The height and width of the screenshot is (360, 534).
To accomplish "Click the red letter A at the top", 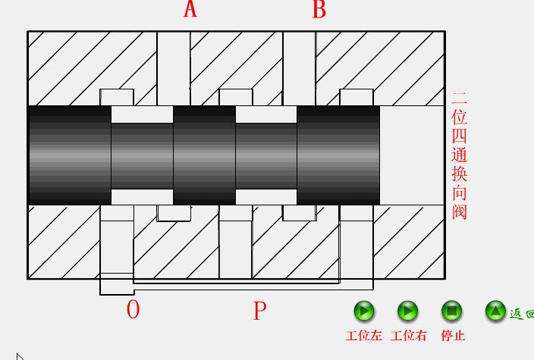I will pos(190,10).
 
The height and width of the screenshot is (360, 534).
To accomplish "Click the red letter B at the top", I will pos(319,10).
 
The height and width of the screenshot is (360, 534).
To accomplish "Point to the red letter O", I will pos(133,309).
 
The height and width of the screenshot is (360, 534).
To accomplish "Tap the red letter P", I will pos(259,310).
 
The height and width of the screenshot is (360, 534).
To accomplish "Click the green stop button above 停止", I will pos(451,311).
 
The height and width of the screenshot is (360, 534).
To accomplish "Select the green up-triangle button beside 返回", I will pos(495,311).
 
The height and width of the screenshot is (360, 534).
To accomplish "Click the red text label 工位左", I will pos(364,336).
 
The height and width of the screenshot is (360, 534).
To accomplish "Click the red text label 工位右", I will pos(409,336).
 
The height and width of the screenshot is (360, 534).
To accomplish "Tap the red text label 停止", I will pos(453,336).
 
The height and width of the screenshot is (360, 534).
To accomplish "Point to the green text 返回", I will pos(521,312).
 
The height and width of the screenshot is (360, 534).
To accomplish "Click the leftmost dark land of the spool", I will pos(69,155).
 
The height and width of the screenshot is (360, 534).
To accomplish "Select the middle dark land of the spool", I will pos(204,155).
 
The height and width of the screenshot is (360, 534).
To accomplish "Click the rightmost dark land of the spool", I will pos(338,155).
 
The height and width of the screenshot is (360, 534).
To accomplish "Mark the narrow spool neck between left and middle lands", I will pos(142,155).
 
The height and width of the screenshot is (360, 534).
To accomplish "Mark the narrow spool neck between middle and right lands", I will pos(265,155).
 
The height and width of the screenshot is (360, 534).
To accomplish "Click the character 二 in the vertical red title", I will pos(460,99).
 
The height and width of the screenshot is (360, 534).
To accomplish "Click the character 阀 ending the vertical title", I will pos(460,211).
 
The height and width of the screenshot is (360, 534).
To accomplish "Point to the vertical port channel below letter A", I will pos(174,68).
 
